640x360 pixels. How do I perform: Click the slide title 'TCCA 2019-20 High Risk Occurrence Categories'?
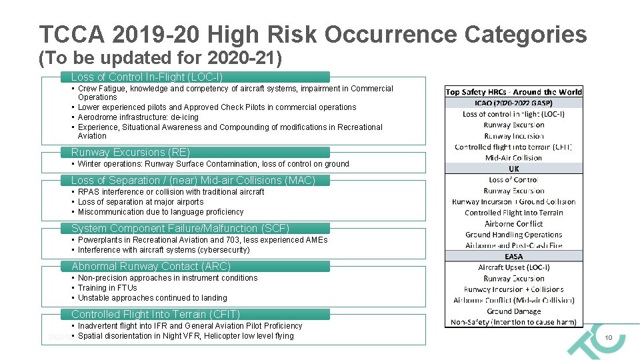[313, 35]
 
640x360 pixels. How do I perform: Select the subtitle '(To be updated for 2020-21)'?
[160, 59]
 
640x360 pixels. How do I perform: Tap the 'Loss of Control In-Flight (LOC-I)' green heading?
[147, 77]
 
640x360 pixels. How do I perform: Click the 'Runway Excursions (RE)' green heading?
[131, 152]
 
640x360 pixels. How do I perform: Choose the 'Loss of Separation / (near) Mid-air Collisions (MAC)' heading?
[193, 180]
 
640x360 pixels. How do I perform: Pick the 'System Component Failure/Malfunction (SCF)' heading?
[181, 228]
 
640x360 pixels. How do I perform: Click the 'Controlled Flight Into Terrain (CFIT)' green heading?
[155, 314]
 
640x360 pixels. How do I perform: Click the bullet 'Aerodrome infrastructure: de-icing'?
[138, 117]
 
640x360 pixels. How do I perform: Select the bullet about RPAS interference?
[171, 192]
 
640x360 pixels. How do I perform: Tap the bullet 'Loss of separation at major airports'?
[141, 202]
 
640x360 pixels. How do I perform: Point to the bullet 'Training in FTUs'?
[107, 288]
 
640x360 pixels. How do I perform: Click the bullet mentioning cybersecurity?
[163, 250]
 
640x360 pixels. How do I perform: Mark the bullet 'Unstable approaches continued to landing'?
[152, 298]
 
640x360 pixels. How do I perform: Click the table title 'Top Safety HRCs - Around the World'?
[513, 92]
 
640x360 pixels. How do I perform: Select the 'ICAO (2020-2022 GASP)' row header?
[513, 103]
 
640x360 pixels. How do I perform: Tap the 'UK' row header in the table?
[513, 169]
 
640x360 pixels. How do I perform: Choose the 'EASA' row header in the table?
[513, 256]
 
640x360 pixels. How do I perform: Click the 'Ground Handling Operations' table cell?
[513, 235]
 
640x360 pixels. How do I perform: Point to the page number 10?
[608, 339]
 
